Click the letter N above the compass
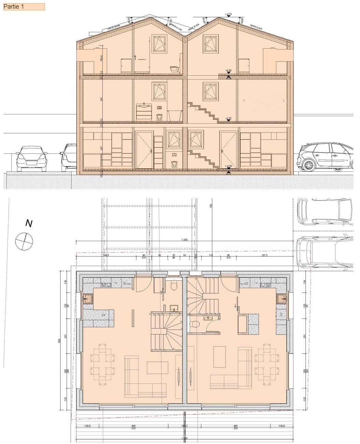[29, 224]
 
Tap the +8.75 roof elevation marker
[228, 14]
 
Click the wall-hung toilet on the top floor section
[174, 69]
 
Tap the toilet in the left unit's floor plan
[174, 284]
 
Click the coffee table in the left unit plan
[158, 367]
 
